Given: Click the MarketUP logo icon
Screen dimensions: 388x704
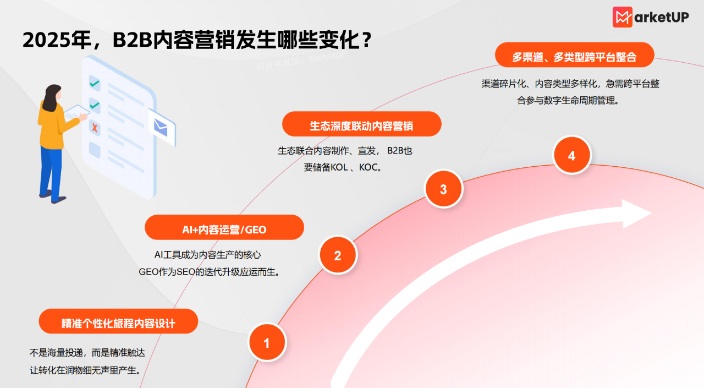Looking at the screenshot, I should coord(623,17).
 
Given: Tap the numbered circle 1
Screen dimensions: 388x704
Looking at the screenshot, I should coord(267,343).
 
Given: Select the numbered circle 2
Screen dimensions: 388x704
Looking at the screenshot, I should coord(338,255).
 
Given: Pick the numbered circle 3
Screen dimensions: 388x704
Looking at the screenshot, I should coord(443,189).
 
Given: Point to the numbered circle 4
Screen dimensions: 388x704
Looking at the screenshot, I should coord(571,156).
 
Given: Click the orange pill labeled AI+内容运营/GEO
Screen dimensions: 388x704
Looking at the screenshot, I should coord(224,228).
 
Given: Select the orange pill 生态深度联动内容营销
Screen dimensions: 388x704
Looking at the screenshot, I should coord(361,124).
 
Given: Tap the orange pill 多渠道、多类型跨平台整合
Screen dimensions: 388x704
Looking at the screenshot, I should coord(574,55).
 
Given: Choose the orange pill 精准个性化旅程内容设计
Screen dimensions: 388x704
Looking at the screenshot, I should coord(118,321).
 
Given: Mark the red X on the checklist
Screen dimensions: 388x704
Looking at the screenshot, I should coord(95,128).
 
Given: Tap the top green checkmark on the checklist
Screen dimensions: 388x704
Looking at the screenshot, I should coord(95,83).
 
